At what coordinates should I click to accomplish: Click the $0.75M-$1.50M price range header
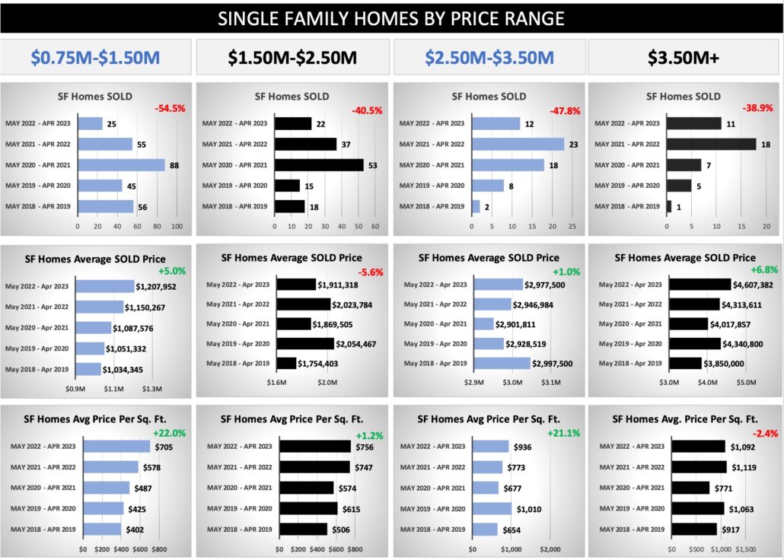(97, 57)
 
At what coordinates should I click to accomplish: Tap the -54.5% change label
(171, 109)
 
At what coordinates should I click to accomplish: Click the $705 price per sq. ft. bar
(116, 447)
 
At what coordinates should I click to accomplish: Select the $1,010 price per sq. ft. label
(528, 508)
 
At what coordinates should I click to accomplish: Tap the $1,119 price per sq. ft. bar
(700, 467)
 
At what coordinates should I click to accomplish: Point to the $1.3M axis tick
(152, 389)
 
